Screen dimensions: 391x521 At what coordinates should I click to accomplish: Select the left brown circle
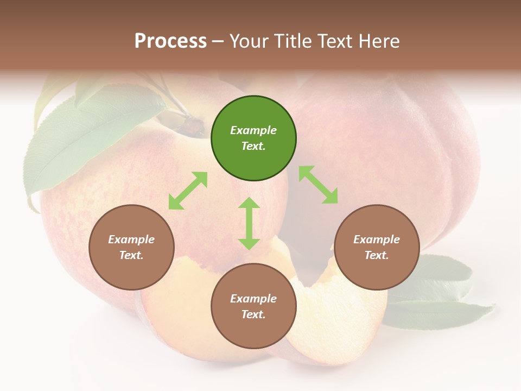[131, 247]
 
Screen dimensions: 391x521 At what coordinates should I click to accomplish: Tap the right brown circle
[377, 247]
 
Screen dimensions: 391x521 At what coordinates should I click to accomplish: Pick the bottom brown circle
[253, 306]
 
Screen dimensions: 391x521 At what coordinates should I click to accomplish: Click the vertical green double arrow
[249, 223]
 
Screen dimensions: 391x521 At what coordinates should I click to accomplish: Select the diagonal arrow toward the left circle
[188, 191]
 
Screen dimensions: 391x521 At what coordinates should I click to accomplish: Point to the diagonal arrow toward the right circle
[319, 185]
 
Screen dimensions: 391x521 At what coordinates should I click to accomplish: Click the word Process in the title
[170, 41]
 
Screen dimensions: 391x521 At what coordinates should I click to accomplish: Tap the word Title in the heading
[294, 41]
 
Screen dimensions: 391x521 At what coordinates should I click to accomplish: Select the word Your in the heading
[250, 41]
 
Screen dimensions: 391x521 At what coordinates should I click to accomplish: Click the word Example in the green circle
[253, 130]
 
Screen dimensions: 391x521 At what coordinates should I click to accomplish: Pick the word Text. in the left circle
[131, 255]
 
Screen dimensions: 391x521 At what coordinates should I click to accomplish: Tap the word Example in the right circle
[377, 239]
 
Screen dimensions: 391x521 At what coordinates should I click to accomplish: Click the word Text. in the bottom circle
[253, 314]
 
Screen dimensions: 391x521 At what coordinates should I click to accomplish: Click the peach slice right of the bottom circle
[326, 315]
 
